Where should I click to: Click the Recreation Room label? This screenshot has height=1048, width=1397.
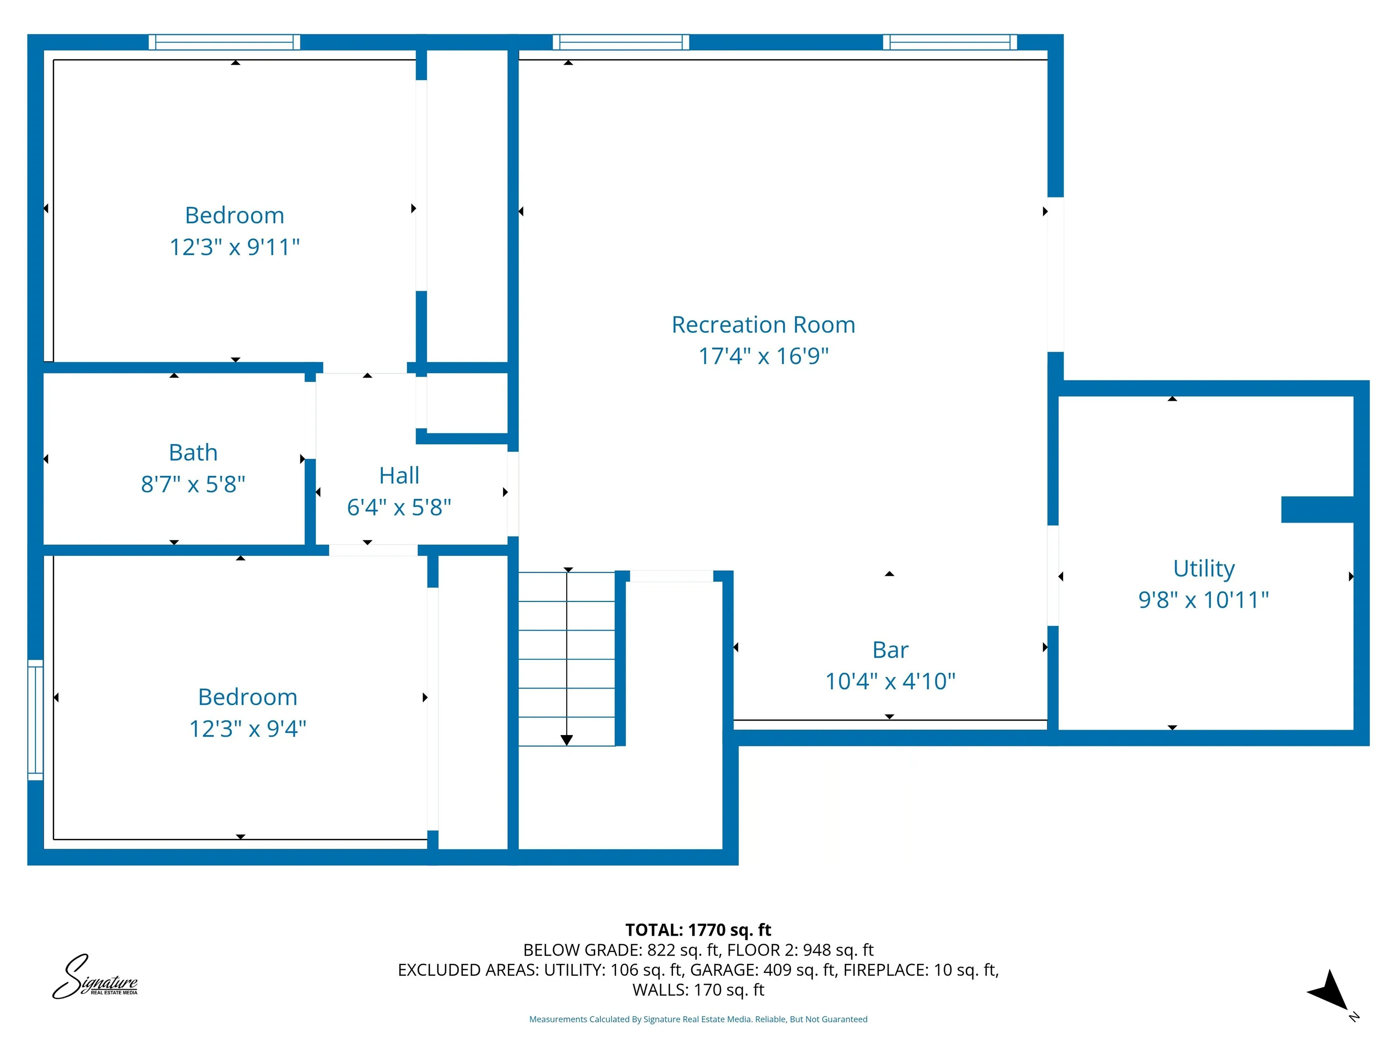(763, 325)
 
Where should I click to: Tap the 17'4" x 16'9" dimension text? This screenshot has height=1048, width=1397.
(763, 356)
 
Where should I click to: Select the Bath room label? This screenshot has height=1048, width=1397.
(193, 452)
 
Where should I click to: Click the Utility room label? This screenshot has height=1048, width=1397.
(1204, 569)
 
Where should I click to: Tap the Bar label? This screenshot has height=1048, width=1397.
(890, 650)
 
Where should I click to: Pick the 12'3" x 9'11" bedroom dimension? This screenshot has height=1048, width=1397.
(234, 247)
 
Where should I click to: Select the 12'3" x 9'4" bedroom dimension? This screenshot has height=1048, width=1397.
(247, 728)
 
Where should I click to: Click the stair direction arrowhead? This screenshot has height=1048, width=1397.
(567, 740)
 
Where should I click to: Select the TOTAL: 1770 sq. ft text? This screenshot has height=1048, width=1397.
(698, 930)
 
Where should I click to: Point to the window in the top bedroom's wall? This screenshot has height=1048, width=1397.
(224, 42)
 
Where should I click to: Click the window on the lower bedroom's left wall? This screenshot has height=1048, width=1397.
(35, 720)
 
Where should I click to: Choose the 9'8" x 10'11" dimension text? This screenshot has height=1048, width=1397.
(1204, 600)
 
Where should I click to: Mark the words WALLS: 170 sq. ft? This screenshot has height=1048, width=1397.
(698, 990)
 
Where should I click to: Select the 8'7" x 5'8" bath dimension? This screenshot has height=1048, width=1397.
(193, 484)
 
